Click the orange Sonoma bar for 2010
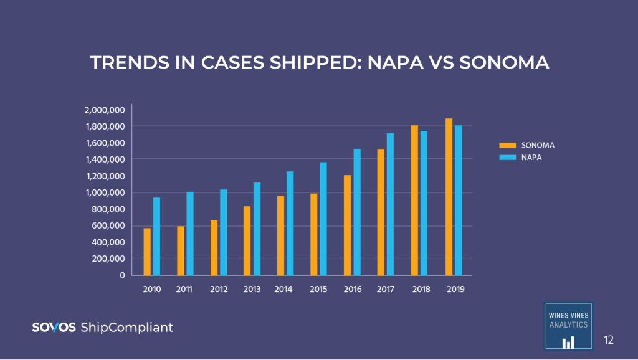click(147, 252)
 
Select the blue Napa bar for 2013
click(257, 229)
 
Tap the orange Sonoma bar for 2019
click(449, 197)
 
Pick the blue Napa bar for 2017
click(390, 204)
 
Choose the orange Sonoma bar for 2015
click(314, 234)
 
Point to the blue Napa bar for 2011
click(190, 234)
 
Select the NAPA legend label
click(531, 158)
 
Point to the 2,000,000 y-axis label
click(104, 110)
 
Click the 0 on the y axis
click(122, 275)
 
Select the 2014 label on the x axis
click(283, 290)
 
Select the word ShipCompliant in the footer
click(127, 327)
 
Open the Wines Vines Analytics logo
click(568, 326)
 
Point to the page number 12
click(609, 339)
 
